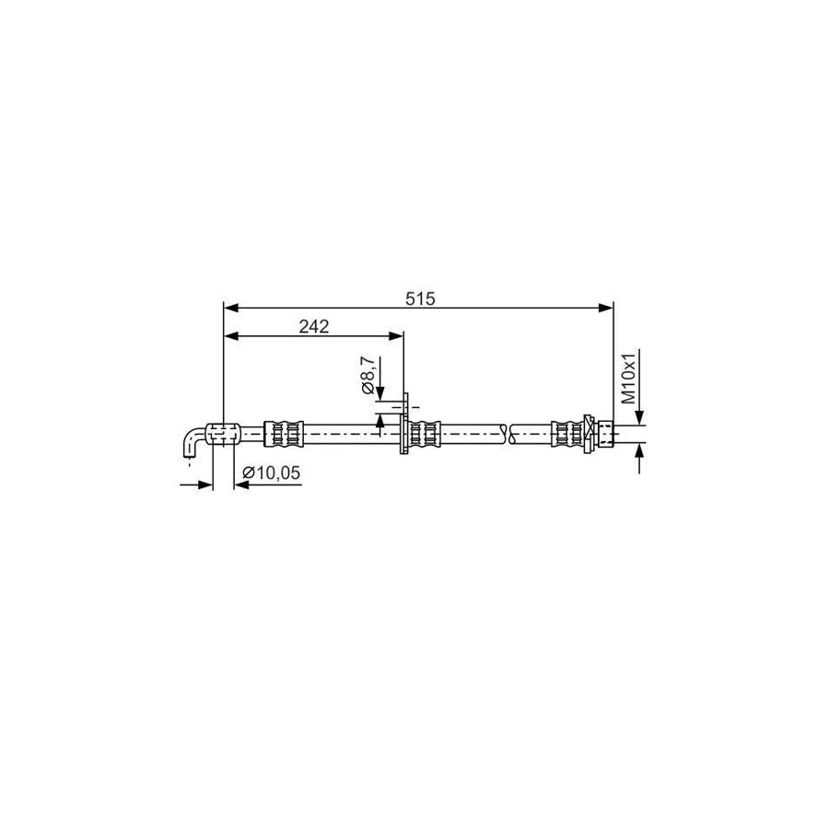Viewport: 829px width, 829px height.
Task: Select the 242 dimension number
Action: point(314,325)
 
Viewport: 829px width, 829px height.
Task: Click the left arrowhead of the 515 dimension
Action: point(231,309)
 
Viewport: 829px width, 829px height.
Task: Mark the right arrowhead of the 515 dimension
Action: point(607,309)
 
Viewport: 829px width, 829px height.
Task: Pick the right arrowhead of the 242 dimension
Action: point(397,336)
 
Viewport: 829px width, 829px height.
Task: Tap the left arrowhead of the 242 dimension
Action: point(231,336)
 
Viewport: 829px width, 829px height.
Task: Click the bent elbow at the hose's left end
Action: point(192,442)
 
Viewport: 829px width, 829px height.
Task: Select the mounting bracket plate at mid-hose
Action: point(403,426)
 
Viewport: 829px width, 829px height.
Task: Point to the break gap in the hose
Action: point(508,433)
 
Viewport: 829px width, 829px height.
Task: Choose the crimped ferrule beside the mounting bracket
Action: point(425,433)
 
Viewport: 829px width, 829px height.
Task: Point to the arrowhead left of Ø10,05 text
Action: point(239,484)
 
